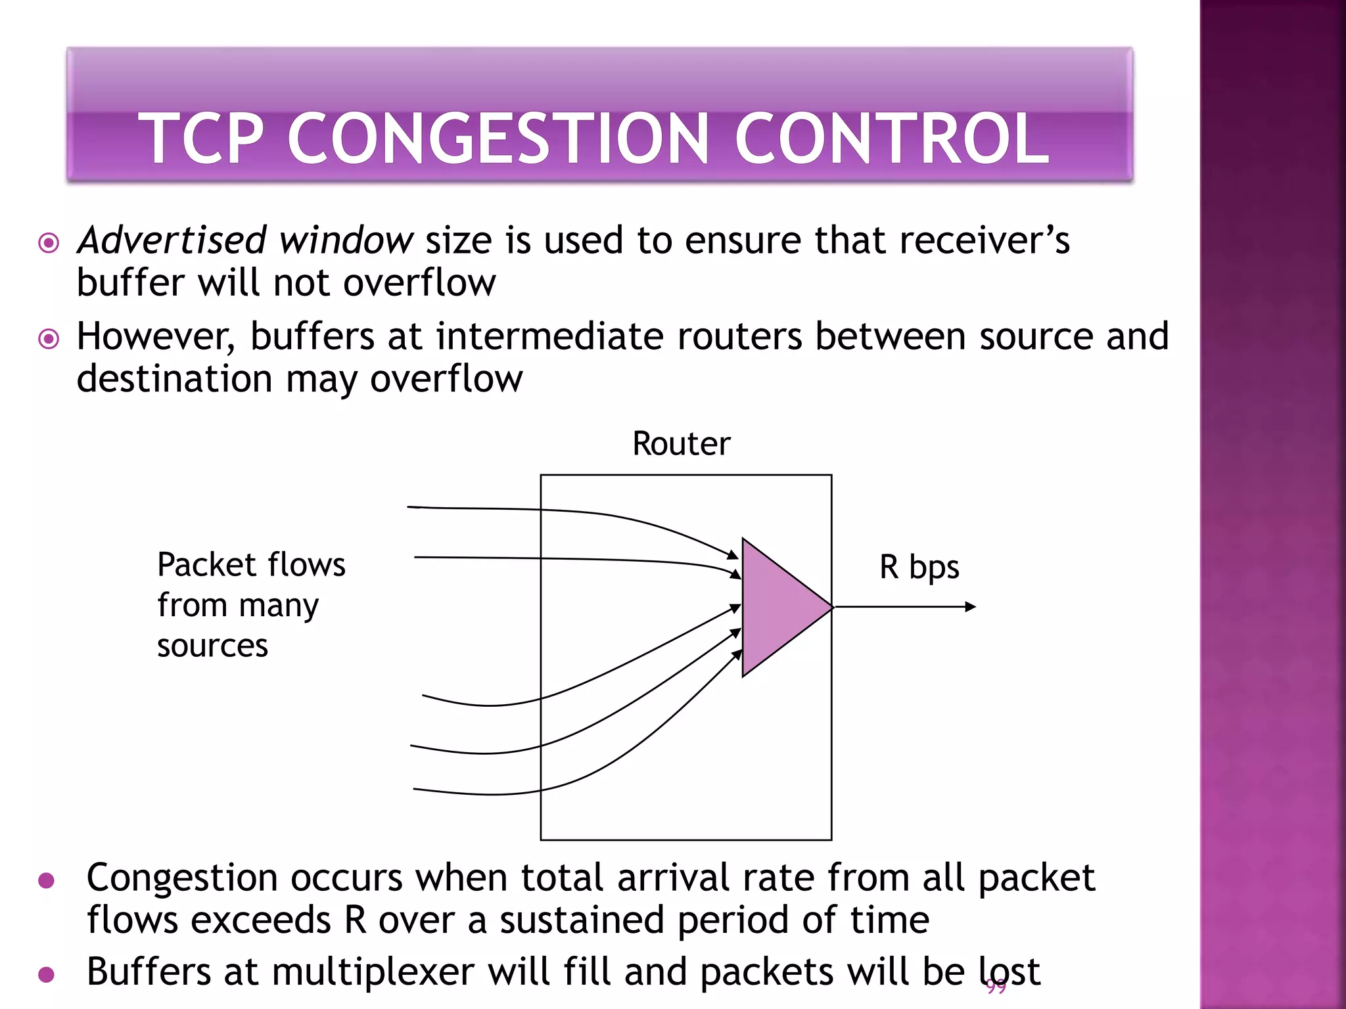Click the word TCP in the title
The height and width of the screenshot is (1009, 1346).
tap(200, 139)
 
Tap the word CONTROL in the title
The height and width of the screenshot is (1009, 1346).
tap(891, 139)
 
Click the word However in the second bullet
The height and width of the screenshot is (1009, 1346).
tap(155, 337)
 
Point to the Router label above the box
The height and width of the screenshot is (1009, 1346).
tap(681, 443)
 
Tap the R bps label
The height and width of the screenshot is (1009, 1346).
tap(919, 567)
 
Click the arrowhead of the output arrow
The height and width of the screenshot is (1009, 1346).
tap(971, 607)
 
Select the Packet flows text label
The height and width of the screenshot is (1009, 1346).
tap(251, 565)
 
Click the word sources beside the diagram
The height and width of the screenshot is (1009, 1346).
tap(212, 646)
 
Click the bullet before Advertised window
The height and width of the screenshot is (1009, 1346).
tap(49, 243)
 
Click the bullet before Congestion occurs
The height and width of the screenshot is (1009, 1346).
tap(46, 880)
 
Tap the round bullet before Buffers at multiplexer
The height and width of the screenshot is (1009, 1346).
tap(46, 974)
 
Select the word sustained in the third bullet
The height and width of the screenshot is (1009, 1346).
tap(582, 920)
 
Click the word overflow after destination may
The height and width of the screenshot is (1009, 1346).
tap(446, 379)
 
